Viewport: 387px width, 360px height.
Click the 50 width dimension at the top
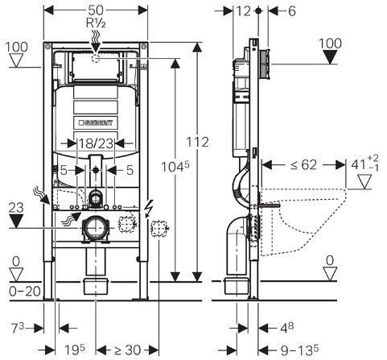(96, 10)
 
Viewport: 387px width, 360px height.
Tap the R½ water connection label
(96, 23)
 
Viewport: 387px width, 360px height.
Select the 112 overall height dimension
(197, 142)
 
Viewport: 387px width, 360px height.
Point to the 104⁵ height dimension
(175, 167)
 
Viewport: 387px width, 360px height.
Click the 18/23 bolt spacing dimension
(96, 143)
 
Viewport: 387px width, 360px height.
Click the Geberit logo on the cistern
(96, 122)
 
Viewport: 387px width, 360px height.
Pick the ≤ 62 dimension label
(303, 164)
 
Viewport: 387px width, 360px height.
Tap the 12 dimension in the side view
(243, 11)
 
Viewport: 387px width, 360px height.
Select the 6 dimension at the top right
(291, 11)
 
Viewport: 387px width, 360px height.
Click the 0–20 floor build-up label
(25, 291)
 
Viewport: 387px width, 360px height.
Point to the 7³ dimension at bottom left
(18, 328)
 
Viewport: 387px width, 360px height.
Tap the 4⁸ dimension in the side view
(286, 328)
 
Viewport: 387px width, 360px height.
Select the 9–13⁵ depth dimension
(299, 350)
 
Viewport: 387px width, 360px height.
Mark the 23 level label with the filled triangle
(16, 208)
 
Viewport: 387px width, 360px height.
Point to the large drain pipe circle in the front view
(94, 228)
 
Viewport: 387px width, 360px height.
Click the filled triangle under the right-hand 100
(330, 57)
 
